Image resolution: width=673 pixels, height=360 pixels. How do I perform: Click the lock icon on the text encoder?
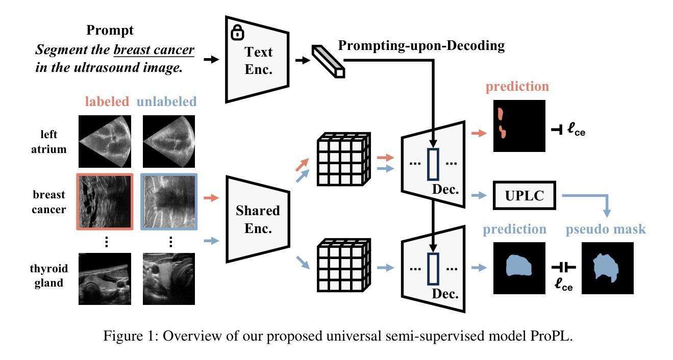[x=237, y=33]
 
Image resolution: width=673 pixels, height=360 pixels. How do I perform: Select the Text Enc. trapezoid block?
[x=258, y=60]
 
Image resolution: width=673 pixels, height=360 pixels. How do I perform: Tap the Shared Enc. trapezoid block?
[x=258, y=219]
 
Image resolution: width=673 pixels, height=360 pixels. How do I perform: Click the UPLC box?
[x=524, y=195]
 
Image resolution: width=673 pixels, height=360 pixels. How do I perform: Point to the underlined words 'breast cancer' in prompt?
[x=154, y=50]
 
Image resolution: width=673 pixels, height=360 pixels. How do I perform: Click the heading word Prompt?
[x=110, y=30]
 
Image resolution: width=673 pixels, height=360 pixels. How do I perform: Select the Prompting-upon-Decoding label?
[x=421, y=46]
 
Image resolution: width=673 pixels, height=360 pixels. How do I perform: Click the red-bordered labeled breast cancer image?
[x=105, y=202]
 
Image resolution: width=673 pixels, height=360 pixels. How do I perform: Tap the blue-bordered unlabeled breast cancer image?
[x=169, y=202]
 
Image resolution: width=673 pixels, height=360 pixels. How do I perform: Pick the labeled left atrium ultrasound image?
[x=105, y=141]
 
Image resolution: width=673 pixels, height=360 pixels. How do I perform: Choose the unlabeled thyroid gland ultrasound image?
[x=169, y=279]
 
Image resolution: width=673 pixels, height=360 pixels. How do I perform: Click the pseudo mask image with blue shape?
[x=607, y=268]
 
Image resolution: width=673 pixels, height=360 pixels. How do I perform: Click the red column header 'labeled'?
[x=107, y=101]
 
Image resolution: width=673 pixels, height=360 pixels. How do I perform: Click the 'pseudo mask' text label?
[x=606, y=229]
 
